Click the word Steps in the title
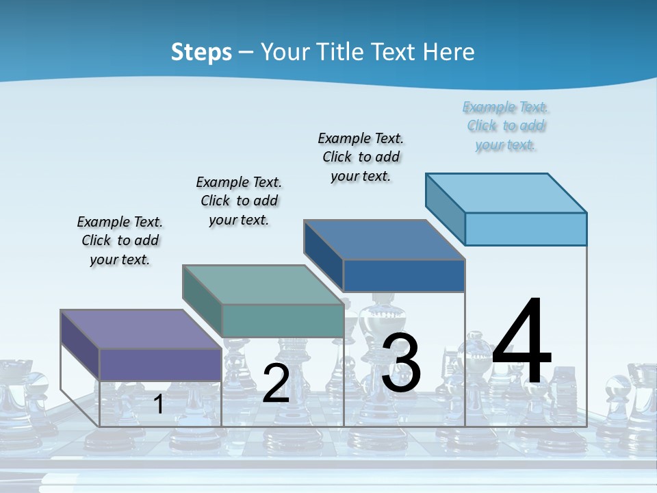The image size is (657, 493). point(201,52)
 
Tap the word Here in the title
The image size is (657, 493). point(448,52)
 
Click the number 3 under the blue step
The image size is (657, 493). point(401,363)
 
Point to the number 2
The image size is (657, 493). point(276,383)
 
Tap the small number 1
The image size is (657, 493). point(159,404)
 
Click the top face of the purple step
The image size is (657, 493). point(140,329)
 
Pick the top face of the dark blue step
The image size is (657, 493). point(384,240)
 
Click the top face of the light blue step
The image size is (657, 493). point(506,193)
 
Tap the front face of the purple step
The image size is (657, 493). point(160,364)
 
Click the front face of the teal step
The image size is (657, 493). point(283,320)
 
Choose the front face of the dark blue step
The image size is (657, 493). point(404,275)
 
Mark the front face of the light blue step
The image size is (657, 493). point(526,229)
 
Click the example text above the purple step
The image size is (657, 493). point(120,240)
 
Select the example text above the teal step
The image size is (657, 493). point(239,201)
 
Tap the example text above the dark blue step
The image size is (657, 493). point(361,157)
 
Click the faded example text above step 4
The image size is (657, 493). point(506,125)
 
